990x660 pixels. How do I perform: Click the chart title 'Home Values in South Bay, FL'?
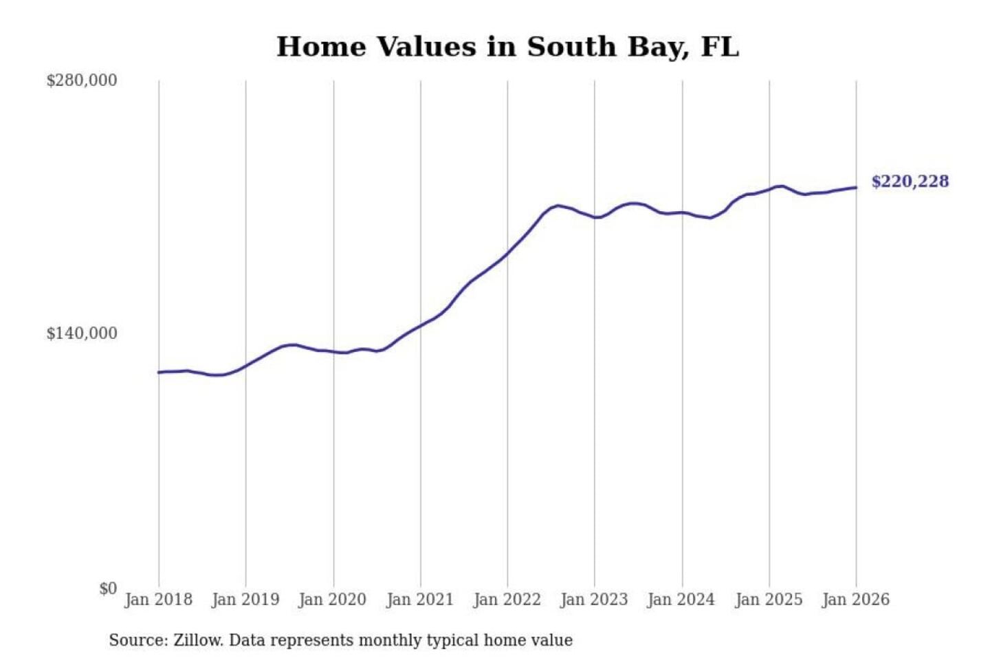click(x=507, y=47)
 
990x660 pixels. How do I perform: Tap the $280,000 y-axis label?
click(x=82, y=80)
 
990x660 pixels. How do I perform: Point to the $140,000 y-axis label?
click(x=82, y=333)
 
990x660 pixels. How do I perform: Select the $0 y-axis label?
click(x=108, y=588)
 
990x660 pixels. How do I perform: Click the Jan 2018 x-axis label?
click(x=158, y=599)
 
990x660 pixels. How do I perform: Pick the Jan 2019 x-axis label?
click(x=245, y=599)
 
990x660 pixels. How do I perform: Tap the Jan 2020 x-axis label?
click(x=333, y=599)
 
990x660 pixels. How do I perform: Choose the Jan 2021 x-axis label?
click(x=420, y=599)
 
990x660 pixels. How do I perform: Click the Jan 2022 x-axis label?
click(x=507, y=599)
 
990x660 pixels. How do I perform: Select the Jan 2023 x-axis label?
click(x=595, y=599)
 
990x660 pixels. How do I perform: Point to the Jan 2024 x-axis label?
click(x=681, y=599)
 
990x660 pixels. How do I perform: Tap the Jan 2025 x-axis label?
click(x=769, y=599)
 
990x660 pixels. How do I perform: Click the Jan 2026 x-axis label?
click(x=856, y=599)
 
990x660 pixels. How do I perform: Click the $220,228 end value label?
click(x=910, y=181)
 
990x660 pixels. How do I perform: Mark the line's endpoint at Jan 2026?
click(x=856, y=187)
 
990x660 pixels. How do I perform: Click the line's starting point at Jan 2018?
click(x=159, y=372)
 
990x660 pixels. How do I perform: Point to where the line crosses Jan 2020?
click(x=333, y=352)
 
